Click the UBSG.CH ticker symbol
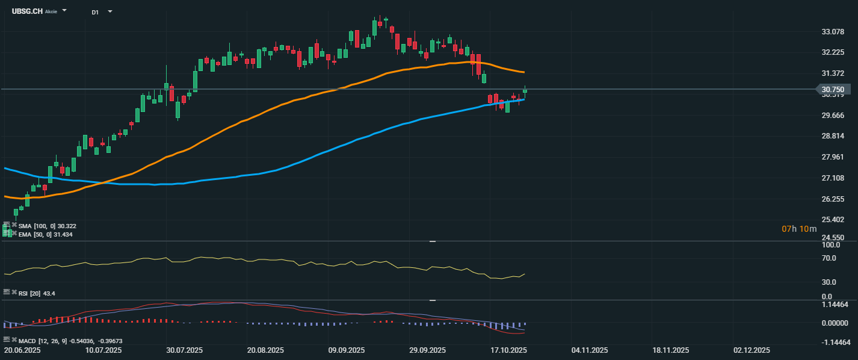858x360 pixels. tap(27, 11)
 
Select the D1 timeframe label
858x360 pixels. tap(95, 12)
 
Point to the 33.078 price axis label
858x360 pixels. tap(833, 31)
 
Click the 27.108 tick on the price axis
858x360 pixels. tap(833, 178)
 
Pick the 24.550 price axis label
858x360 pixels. tap(833, 238)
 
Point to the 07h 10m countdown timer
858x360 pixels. tap(799, 229)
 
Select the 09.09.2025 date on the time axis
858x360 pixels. tap(346, 350)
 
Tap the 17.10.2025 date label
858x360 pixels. tap(508, 350)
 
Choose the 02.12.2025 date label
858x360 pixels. tap(752, 350)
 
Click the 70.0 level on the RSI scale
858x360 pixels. tap(829, 258)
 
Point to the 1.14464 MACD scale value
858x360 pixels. tap(835, 305)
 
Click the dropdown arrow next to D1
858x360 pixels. tap(110, 11)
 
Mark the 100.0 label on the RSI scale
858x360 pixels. tap(830, 245)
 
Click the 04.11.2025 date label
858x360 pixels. tap(590, 350)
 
